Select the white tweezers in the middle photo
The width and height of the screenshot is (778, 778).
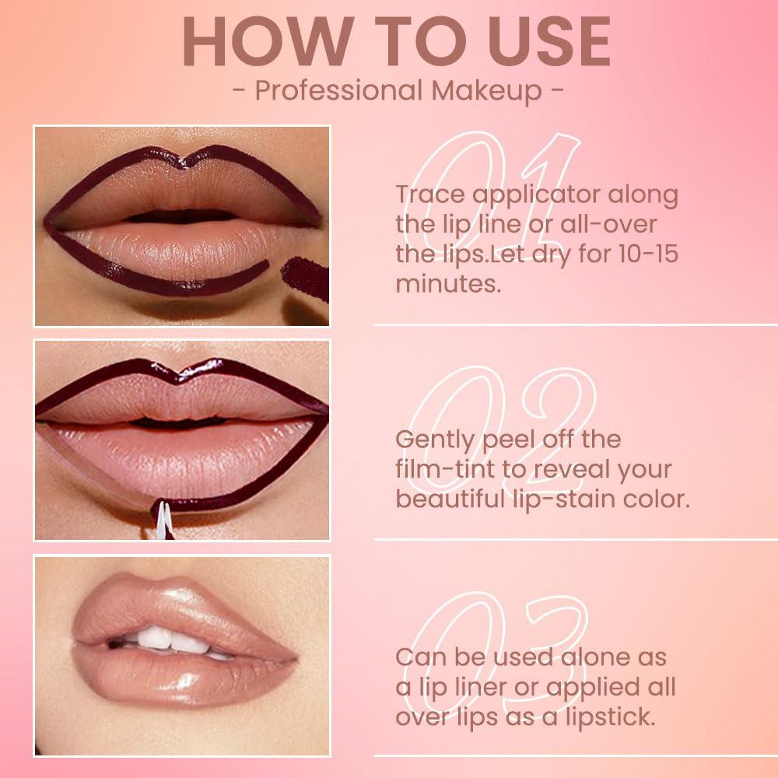click(162, 521)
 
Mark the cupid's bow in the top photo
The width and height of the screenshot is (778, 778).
click(180, 159)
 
